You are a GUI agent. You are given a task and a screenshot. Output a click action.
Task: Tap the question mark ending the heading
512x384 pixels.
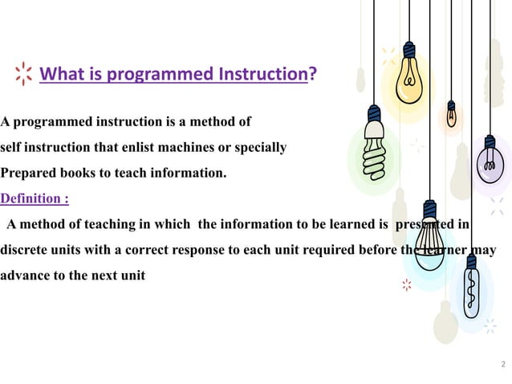point(312,76)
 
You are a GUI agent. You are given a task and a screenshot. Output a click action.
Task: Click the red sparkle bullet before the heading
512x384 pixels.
point(24,76)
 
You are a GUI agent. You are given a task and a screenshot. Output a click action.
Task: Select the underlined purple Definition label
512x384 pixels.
point(34,198)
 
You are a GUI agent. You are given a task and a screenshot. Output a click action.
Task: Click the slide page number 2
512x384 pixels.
point(502,366)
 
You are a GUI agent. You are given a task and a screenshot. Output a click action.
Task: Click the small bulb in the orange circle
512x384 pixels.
point(452,115)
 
